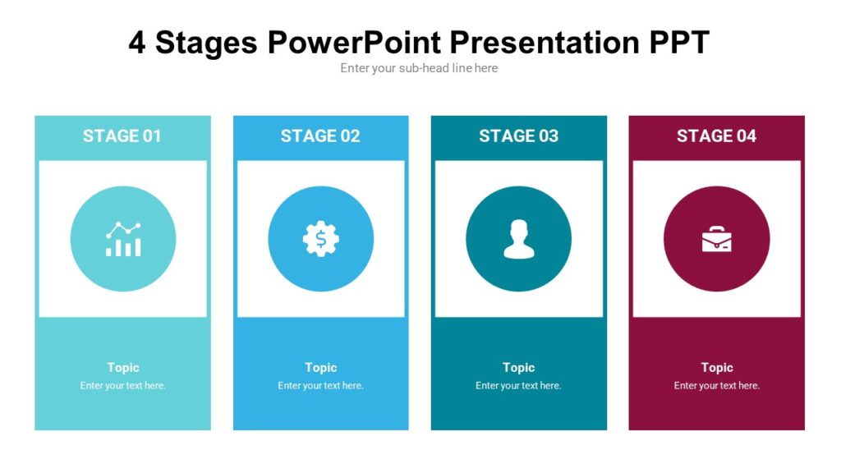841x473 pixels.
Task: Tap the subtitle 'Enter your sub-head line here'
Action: pos(419,68)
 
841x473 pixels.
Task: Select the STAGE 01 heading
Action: pos(122,136)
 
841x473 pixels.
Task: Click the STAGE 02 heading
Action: pos(320,136)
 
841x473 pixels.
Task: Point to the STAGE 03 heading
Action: pos(518,136)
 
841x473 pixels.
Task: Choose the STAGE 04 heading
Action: pos(716,136)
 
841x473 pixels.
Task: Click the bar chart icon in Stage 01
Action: pos(123,239)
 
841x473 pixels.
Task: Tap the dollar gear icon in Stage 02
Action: pos(320,239)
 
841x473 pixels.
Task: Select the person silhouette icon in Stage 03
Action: pos(518,239)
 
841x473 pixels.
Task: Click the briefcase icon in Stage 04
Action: pos(716,239)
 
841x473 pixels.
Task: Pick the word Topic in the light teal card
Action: pos(123,368)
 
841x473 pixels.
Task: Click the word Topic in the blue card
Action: pos(321,368)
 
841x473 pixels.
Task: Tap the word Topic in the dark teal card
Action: pos(518,368)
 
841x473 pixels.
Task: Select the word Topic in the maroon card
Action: pos(717,368)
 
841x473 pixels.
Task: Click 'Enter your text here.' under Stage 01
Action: pos(123,386)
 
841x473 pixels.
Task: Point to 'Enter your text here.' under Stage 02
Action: pos(320,386)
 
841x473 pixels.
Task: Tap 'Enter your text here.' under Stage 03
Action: pos(518,386)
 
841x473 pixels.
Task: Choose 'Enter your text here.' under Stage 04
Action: pos(717,386)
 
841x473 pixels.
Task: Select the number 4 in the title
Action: pos(137,43)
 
